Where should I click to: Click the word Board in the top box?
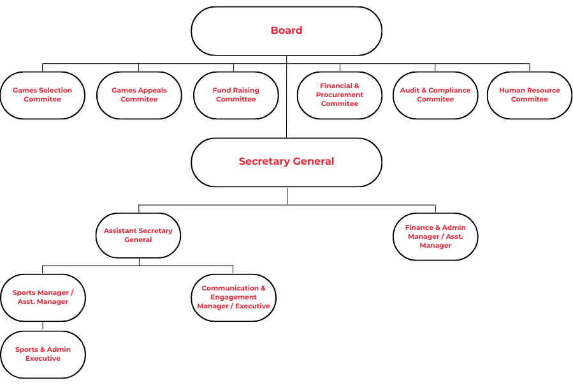tap(286, 31)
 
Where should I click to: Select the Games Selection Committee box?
tap(43, 95)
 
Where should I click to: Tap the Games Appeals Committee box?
tap(138, 95)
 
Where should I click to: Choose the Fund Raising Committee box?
tap(236, 95)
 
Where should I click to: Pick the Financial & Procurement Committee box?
tap(340, 95)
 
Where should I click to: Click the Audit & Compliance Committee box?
tap(435, 95)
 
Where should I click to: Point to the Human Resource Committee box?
tap(530, 95)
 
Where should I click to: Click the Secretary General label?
tap(286, 162)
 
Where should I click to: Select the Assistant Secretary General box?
tap(138, 236)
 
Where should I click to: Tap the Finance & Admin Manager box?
tap(435, 236)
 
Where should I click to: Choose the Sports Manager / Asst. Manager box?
tap(43, 298)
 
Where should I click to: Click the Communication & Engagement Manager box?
tap(233, 298)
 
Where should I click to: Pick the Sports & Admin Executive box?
tap(43, 354)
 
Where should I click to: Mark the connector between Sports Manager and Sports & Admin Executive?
tap(43, 326)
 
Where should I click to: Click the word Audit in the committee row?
tap(409, 91)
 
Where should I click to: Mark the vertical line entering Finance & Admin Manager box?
tap(435, 209)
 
